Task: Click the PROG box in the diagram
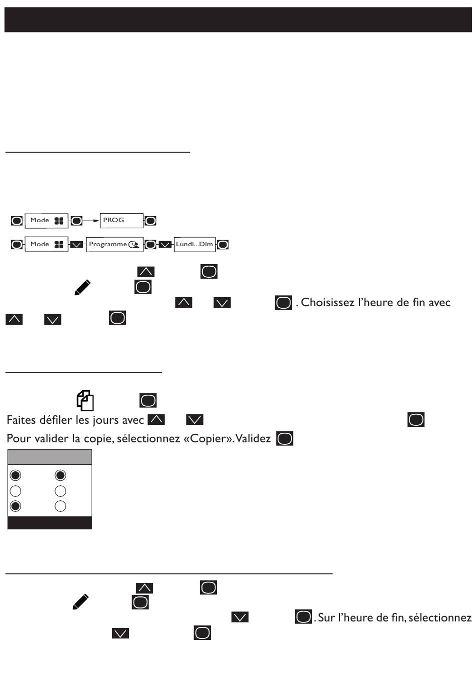[121, 220]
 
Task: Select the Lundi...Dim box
[194, 244]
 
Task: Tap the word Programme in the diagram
[107, 244]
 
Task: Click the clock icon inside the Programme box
[133, 245]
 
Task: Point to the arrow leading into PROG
[91, 220]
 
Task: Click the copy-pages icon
[85, 400]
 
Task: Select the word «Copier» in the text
[211, 439]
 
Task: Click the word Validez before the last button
[253, 439]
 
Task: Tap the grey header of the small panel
[49, 457]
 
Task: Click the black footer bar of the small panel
[49, 523]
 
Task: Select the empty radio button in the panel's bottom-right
[60, 506]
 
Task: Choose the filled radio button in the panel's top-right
[60, 475]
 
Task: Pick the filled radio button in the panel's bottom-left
[16, 506]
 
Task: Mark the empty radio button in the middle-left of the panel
[16, 491]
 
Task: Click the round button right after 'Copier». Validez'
[284, 439]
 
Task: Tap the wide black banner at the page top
[237, 20]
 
